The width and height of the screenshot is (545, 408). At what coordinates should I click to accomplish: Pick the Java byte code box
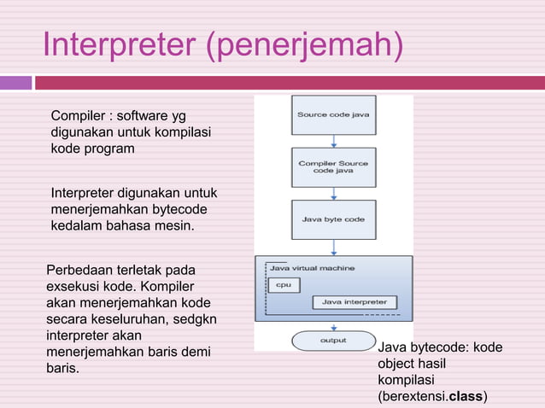click(333, 219)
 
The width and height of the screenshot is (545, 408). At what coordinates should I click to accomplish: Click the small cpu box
click(284, 285)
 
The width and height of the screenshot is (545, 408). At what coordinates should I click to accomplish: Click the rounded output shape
click(333, 341)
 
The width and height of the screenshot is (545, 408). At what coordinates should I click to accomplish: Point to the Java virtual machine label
click(313, 268)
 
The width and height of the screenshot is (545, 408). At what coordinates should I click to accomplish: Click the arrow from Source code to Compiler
click(334, 141)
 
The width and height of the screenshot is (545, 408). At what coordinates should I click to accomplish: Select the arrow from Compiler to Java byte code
click(334, 194)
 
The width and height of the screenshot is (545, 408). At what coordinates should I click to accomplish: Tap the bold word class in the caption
click(466, 397)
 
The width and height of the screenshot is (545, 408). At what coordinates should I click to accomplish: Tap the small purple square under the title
click(15, 83)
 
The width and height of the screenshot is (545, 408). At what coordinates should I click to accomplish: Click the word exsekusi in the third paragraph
click(74, 287)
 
